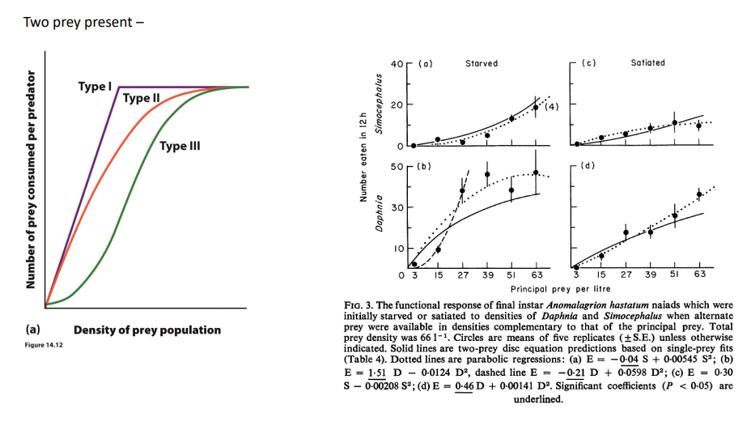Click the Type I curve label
click(x=95, y=87)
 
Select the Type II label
click(x=141, y=98)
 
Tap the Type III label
click(x=180, y=146)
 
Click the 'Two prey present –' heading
click(x=83, y=23)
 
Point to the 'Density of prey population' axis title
click(x=146, y=330)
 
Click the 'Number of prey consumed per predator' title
click(x=31, y=180)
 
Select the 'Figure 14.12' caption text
click(x=44, y=345)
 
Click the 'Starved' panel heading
click(x=482, y=63)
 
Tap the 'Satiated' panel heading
click(x=647, y=62)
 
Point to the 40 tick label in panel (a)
click(x=397, y=64)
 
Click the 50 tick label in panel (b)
click(x=397, y=167)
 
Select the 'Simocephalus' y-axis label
click(x=379, y=104)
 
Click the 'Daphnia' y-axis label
click(x=379, y=213)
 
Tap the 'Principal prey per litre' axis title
click(x=560, y=289)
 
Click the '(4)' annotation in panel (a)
click(x=551, y=107)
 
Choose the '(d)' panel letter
click(x=588, y=166)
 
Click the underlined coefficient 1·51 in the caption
click(x=376, y=373)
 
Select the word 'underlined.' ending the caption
click(x=538, y=399)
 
